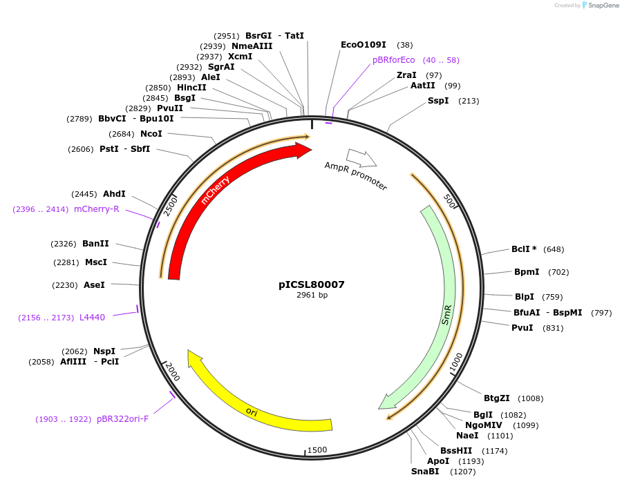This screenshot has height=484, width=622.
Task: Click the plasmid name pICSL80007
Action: [311, 284]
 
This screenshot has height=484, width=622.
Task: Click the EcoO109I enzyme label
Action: [363, 45]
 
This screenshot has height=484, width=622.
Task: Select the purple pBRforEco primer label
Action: [393, 60]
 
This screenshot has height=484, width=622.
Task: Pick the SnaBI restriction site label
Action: [425, 472]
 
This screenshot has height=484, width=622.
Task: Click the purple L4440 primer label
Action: [92, 318]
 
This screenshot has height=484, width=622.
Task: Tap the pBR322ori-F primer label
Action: [122, 419]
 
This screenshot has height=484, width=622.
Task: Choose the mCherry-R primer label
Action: [97, 209]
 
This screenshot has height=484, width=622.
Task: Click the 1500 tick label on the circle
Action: [317, 450]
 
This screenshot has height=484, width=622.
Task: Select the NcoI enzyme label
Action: [151, 134]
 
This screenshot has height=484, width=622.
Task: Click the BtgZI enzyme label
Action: [496, 398]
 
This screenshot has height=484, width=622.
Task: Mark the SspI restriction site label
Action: [438, 101]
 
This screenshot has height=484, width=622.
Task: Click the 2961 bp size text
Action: [312, 296]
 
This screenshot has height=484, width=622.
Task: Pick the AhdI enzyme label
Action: [114, 194]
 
